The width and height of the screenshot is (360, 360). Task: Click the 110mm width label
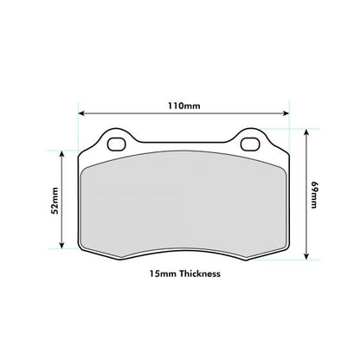click(183, 106)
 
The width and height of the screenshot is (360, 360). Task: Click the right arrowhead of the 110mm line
click(286, 113)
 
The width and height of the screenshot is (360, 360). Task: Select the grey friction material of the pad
click(183, 208)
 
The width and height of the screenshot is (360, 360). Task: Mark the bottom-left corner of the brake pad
click(83, 251)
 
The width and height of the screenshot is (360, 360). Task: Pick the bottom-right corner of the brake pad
click(284, 251)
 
